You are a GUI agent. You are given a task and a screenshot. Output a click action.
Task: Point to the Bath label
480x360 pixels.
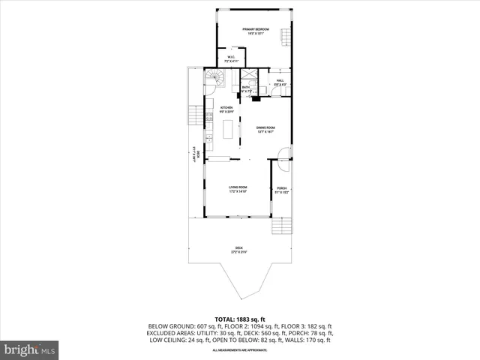pos(247,89)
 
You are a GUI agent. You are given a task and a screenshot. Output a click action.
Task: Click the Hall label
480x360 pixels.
pos(280,82)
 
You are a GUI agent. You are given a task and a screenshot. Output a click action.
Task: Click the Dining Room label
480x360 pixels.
pos(265,129)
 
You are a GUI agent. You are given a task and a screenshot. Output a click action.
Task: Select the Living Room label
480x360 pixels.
pos(238,189)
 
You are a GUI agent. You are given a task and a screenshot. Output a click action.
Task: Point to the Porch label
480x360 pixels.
pos(281,190)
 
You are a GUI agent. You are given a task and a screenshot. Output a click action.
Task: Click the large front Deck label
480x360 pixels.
pos(238,250)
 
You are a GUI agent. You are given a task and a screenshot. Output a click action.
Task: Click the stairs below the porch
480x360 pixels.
pos(280,226)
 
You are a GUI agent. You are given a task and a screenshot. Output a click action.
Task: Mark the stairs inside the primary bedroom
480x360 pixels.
pos(284,36)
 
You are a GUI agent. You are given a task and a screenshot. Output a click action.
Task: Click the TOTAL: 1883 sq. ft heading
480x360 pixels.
pos(240,319)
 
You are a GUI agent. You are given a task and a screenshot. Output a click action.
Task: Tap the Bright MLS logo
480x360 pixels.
pos(30,349)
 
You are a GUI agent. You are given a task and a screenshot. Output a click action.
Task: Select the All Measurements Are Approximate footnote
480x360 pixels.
pos(240,350)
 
